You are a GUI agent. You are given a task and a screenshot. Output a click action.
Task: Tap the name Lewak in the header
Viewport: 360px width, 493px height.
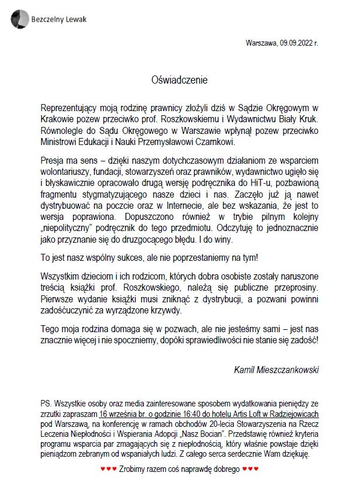73,19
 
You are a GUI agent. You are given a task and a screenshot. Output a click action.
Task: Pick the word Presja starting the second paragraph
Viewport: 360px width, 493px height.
54,159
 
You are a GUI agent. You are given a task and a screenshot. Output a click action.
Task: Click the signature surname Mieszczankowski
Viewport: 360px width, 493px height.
290,370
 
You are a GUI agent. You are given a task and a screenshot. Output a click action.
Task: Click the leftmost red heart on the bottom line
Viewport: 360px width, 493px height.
103,469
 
